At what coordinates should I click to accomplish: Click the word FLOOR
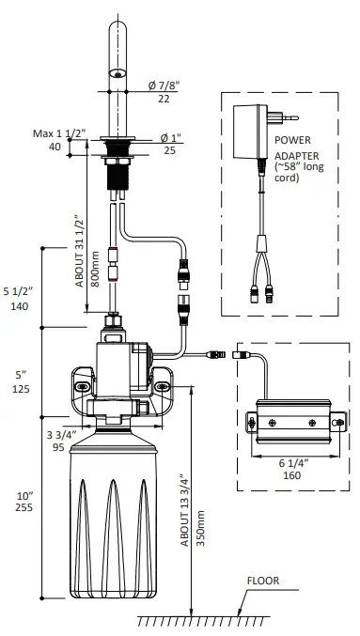(x=263, y=581)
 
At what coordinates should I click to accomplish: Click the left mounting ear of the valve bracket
(x=83, y=385)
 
